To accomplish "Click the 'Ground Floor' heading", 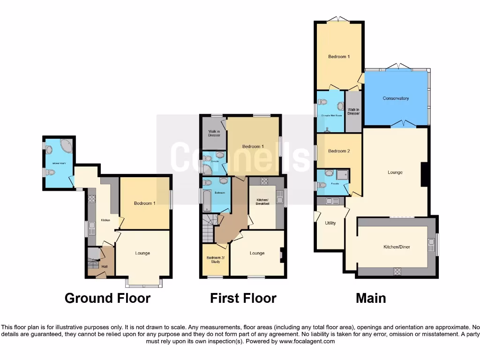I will coord(107,298).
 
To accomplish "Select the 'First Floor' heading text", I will coord(243,298).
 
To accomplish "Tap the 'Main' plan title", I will coord(371,298).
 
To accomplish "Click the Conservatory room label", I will coord(396,98).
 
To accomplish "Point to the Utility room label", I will coord(330,223).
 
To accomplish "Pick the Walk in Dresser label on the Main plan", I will coord(353,112).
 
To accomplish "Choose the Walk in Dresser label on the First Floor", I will coord(213,133).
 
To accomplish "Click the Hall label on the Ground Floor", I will coord(104,267).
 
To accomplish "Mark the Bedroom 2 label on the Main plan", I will coord(338,151).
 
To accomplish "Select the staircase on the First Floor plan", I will coord(209,228).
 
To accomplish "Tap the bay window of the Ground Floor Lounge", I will coord(144,283).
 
